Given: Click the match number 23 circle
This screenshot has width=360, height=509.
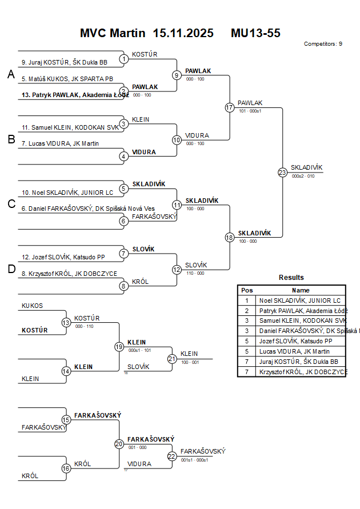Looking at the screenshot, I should [282, 173].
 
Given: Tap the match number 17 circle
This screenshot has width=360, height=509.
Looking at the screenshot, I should [230, 107].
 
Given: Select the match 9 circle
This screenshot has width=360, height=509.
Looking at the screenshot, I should [177, 75].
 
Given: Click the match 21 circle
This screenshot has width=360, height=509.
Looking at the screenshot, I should [172, 359].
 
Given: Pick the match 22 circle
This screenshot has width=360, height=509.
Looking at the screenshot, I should [172, 456].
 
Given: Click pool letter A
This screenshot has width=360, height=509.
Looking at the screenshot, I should [11, 74].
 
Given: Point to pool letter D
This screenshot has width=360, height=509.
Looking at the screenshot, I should [11, 270].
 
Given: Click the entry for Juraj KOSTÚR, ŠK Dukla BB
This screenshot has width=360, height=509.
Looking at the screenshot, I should [64, 62].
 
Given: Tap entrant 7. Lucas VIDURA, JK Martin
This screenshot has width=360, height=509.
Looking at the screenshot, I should [60, 143].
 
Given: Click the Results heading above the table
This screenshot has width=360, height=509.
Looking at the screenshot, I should [291, 278].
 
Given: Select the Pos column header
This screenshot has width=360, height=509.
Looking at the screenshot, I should [247, 290].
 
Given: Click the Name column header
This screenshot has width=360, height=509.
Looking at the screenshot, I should [301, 290].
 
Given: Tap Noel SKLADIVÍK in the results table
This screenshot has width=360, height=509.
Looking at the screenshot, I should [299, 300].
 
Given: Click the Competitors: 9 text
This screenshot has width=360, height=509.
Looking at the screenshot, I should [323, 43].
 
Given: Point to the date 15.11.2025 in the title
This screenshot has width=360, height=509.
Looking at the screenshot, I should [183, 33].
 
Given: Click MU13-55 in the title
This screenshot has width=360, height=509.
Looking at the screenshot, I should [255, 33].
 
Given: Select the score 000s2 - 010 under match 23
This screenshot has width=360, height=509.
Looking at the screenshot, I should [302, 177].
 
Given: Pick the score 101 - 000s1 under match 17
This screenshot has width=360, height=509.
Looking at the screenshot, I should [250, 111].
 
